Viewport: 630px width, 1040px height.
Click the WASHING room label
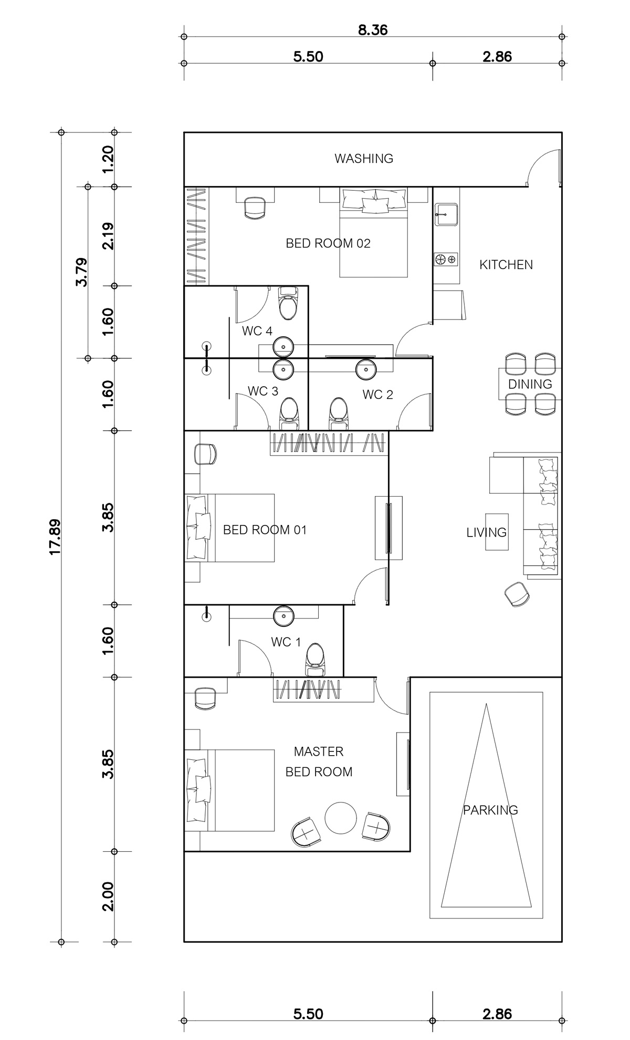coord(364,158)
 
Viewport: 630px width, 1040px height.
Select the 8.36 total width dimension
coord(373,30)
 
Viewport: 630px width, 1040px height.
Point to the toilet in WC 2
coord(339,413)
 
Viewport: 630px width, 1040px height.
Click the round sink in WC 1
coord(284,615)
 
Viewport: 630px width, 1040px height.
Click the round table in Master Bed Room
coord(341,818)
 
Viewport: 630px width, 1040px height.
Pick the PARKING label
coord(490,810)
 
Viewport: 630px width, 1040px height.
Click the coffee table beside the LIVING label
coord(497,532)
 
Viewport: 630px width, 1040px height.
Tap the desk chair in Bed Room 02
coord(255,208)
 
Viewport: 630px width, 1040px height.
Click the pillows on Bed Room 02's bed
coord(374,202)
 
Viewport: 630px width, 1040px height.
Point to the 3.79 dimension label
coord(82,272)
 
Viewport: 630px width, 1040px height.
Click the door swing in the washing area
coord(543,166)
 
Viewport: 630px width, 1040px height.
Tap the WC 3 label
coord(263,391)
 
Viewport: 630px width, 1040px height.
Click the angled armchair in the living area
coord(517,594)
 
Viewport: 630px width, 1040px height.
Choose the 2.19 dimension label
coord(107,236)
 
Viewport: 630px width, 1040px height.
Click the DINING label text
coord(530,384)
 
